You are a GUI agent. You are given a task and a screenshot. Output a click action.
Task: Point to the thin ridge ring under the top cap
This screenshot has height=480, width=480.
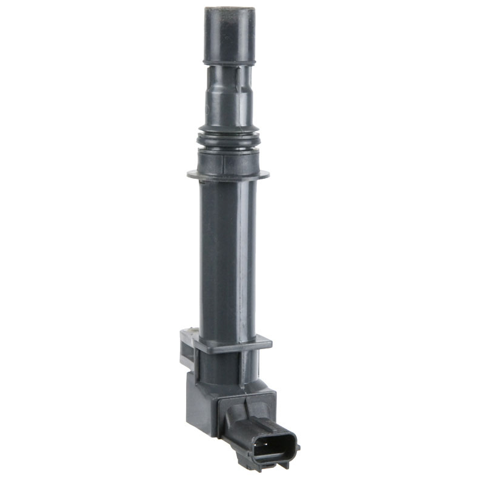[x=228, y=61]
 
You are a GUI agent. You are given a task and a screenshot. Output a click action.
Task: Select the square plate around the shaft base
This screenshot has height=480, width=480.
[x=230, y=343]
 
